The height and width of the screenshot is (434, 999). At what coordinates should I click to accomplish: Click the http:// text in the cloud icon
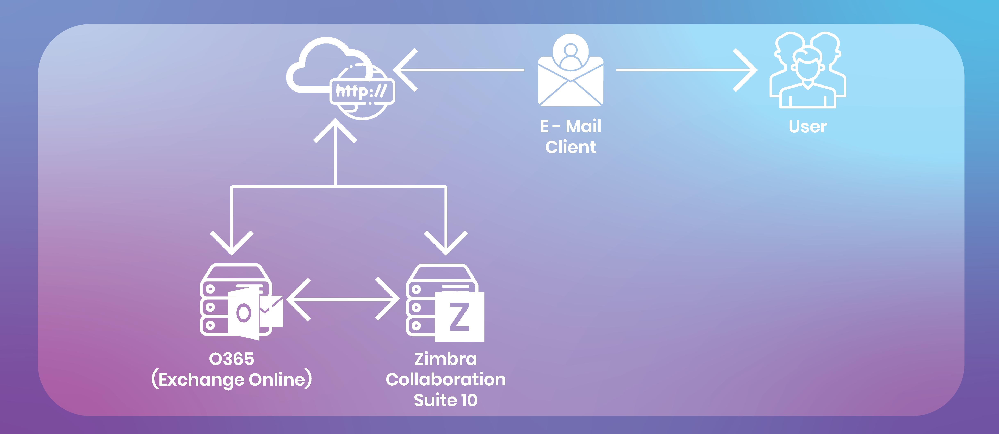[361, 91]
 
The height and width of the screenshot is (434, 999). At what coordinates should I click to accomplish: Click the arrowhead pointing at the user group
[747, 70]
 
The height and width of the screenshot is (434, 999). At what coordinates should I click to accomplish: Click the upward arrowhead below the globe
[335, 130]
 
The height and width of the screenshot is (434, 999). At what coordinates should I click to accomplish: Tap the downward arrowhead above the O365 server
[232, 244]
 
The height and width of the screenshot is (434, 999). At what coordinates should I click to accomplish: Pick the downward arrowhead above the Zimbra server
[446, 244]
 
